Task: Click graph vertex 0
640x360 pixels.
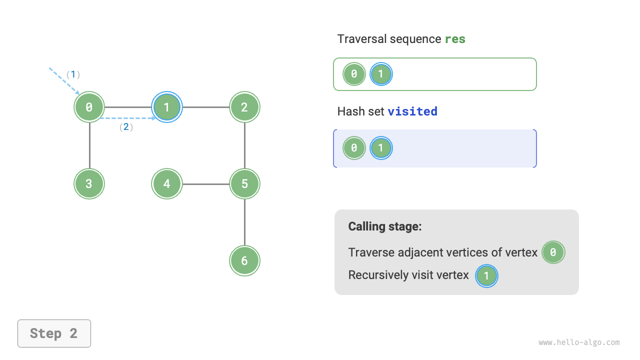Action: (89, 107)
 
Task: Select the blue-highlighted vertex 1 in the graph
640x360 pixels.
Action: (167, 107)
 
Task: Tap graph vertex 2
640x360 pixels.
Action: (244, 107)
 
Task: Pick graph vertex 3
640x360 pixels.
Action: (89, 184)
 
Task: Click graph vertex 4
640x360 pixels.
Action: (167, 184)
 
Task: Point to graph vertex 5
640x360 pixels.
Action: (244, 184)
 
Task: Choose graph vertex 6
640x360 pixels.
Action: (244, 260)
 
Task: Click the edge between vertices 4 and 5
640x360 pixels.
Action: (205, 184)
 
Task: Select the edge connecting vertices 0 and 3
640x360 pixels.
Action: (89, 145)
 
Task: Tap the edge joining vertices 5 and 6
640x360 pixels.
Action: (244, 222)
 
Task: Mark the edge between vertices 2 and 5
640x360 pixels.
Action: (244, 145)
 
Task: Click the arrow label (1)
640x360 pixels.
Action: (73, 74)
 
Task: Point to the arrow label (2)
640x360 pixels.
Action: (126, 127)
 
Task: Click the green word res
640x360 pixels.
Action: (455, 39)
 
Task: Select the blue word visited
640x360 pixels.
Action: (412, 111)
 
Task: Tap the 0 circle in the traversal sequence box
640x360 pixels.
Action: (354, 74)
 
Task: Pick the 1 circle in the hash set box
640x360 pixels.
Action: (381, 148)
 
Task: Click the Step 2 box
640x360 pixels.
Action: (54, 333)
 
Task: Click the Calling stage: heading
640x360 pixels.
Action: (385, 226)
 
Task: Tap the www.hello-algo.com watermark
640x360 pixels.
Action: (579, 342)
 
